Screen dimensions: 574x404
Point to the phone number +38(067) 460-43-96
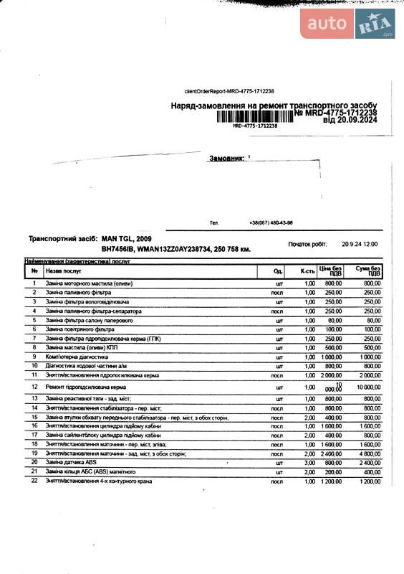[271, 223]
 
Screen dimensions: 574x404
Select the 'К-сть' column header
[308, 271]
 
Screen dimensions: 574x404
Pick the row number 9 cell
[34, 357]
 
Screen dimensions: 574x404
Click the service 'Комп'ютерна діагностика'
[77, 357]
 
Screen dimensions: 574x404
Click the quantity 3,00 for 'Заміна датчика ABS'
[309, 463]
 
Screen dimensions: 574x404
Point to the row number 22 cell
[34, 481]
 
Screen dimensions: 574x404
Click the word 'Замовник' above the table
[226, 157]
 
